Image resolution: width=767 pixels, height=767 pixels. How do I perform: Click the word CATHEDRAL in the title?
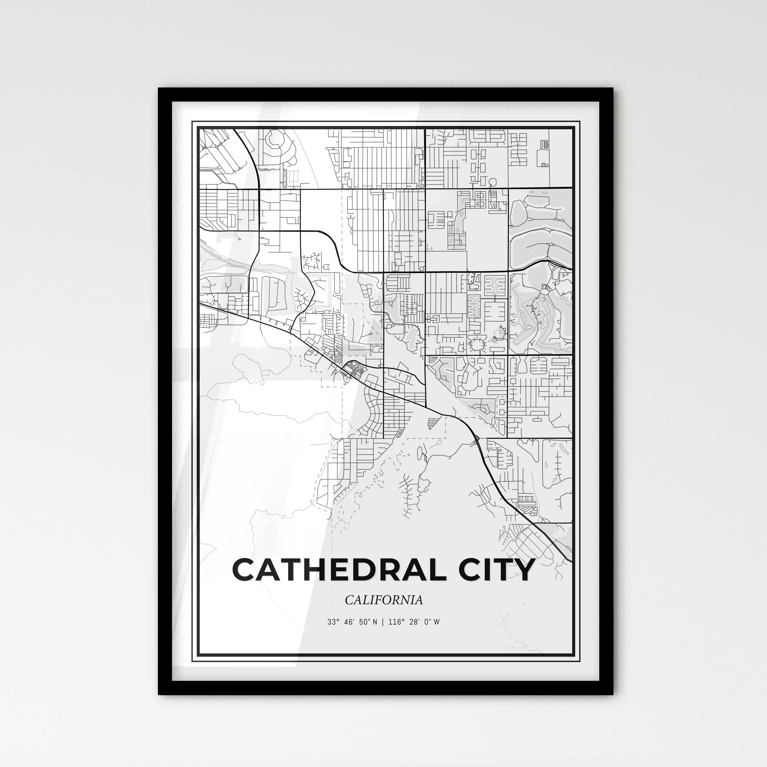pyautogui.click(x=340, y=570)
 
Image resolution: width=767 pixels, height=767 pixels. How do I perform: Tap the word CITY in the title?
pyautogui.click(x=496, y=570)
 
